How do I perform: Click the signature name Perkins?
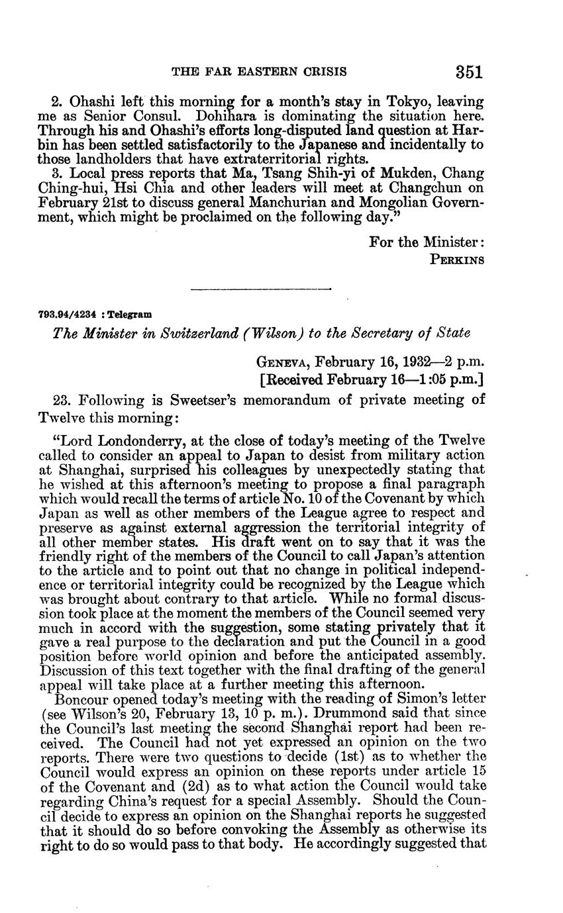pyautogui.click(x=458, y=260)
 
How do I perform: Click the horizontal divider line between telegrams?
pyautogui.click(x=260, y=288)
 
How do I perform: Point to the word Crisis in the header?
pyautogui.click(x=323, y=72)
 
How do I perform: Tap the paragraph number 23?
pyautogui.click(x=62, y=400)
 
